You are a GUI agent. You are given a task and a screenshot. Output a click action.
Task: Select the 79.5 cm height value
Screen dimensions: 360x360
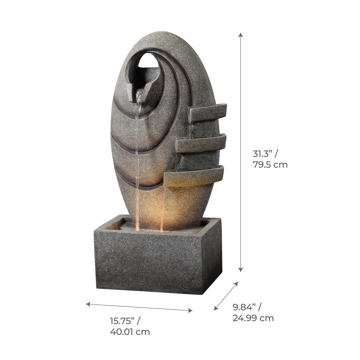[270, 165]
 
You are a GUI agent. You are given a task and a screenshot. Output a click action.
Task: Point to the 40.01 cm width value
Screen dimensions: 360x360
[130, 332]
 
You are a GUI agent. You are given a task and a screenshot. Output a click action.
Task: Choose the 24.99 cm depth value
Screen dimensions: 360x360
[253, 318]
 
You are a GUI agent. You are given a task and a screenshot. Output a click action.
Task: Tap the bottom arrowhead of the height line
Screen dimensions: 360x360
[240, 270]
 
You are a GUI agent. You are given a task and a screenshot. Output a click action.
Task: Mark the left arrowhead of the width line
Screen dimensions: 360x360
[88, 304]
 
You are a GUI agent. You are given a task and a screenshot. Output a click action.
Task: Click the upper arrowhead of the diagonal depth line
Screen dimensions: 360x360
[237, 283]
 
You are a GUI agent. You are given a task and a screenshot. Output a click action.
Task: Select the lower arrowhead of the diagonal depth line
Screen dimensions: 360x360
[215, 309]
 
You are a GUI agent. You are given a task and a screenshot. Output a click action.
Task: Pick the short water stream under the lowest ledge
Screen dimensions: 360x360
[162, 210]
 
